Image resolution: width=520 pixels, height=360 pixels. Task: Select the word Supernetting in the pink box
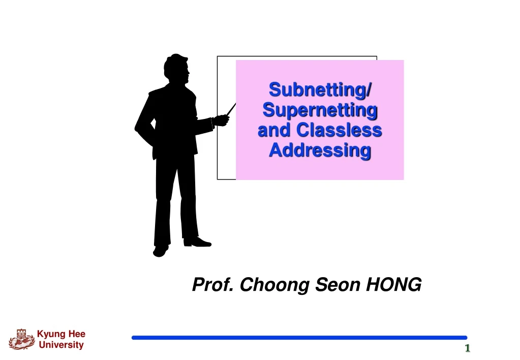click(x=320, y=110)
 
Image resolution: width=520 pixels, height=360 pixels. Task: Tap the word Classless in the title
click(x=339, y=130)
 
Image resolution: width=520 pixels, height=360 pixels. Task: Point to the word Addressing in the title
click(x=320, y=151)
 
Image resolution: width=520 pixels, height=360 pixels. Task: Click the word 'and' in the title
click(x=274, y=130)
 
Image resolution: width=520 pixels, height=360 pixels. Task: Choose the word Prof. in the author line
click(x=213, y=285)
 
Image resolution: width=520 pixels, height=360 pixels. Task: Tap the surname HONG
click(x=394, y=285)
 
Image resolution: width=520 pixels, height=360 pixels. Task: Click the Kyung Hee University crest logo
click(x=21, y=339)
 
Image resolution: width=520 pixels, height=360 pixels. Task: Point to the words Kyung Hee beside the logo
click(x=61, y=334)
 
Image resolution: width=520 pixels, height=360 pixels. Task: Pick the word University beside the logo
click(x=61, y=345)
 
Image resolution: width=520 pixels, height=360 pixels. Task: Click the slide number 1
click(x=467, y=348)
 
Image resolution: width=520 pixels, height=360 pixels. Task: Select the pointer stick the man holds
click(x=231, y=109)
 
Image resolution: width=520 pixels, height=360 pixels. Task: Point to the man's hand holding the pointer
click(x=222, y=120)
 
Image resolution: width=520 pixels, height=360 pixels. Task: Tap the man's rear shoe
click(x=160, y=250)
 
